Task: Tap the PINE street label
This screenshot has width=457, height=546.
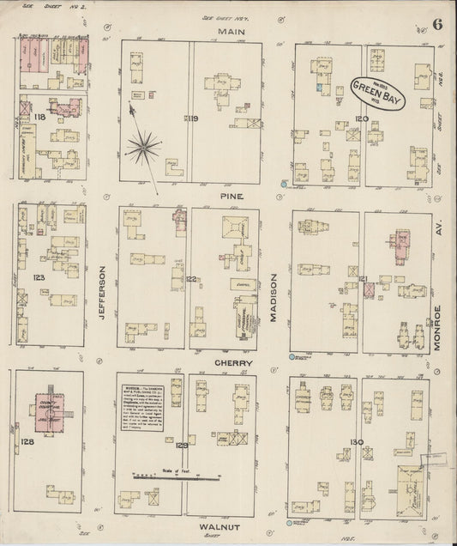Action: [x=231, y=196]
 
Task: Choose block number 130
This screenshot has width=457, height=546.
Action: [x=356, y=442]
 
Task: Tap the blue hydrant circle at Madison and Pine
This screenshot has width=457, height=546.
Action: [x=283, y=184]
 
